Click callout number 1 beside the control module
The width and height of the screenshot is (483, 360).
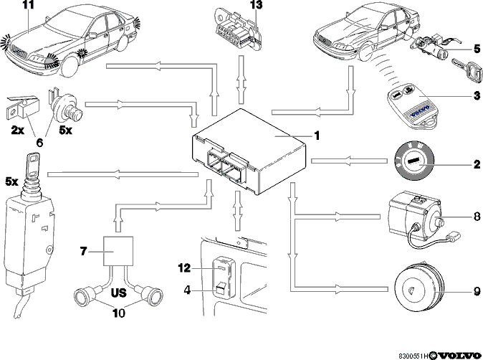(x=316, y=136)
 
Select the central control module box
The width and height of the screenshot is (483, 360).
(x=249, y=151)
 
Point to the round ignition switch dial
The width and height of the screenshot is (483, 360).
(x=414, y=160)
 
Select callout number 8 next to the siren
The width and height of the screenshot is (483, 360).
(x=477, y=217)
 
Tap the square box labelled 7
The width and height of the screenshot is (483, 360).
(x=118, y=251)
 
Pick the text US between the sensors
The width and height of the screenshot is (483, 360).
(x=118, y=293)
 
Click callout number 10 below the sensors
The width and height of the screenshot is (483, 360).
(x=119, y=313)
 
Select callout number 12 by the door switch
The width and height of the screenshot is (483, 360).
(x=184, y=268)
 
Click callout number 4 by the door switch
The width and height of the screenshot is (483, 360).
(x=187, y=290)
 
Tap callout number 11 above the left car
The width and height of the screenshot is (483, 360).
(x=28, y=5)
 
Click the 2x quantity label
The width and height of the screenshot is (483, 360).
(x=18, y=131)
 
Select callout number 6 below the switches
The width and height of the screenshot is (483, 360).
(x=39, y=143)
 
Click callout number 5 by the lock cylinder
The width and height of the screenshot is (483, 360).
(x=477, y=48)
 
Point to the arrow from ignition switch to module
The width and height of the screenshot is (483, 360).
(x=349, y=161)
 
